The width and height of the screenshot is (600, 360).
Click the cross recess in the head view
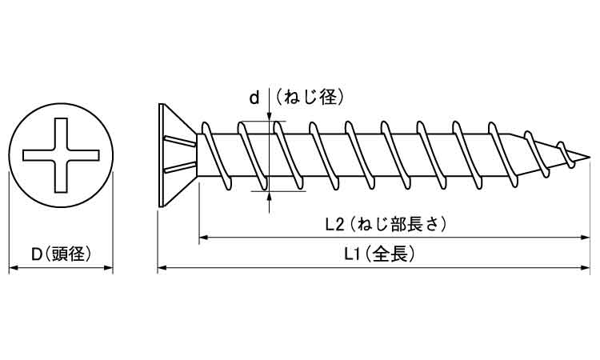(x=61, y=154)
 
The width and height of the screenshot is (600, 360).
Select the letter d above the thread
(x=254, y=98)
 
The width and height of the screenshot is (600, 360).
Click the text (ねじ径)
(x=310, y=98)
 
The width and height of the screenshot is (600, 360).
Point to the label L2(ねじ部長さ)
(x=386, y=224)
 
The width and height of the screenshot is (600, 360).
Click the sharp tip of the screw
(x=588, y=154)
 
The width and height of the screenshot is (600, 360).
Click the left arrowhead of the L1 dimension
(x=162, y=270)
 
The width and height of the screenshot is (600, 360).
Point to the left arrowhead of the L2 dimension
(x=203, y=238)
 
